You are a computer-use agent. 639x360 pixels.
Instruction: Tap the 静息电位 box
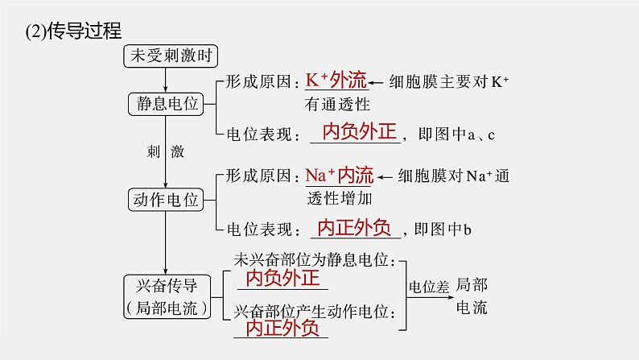(166, 104)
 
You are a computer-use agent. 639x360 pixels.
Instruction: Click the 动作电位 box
(166, 200)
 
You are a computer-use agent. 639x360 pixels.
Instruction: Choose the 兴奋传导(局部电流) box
(167, 295)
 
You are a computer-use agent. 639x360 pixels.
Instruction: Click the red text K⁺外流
(336, 81)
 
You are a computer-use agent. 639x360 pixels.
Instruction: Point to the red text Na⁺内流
(339, 175)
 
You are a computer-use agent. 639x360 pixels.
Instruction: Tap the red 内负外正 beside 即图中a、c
(355, 132)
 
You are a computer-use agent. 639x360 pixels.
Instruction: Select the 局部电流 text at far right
(471, 296)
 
